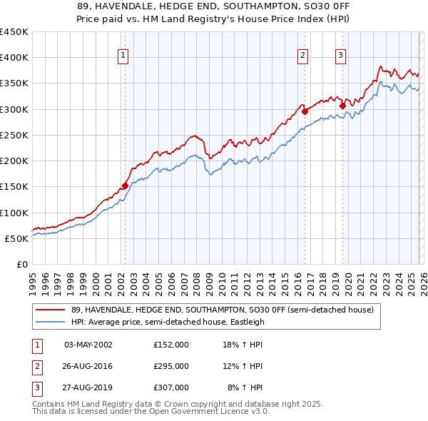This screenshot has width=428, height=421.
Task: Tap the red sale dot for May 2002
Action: point(125,186)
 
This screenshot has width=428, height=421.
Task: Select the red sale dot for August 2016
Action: point(305,111)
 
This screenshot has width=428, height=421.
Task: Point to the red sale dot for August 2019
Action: point(342,106)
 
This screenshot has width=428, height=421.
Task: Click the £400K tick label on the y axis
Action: point(14,58)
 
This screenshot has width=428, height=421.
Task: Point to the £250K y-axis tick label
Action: point(14,135)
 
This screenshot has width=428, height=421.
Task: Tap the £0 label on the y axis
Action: point(22,264)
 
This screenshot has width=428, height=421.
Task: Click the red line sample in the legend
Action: point(51,310)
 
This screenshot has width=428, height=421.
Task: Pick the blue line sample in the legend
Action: point(51,322)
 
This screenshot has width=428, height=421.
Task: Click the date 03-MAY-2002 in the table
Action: point(88,345)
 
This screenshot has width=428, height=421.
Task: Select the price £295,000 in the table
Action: point(171,366)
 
